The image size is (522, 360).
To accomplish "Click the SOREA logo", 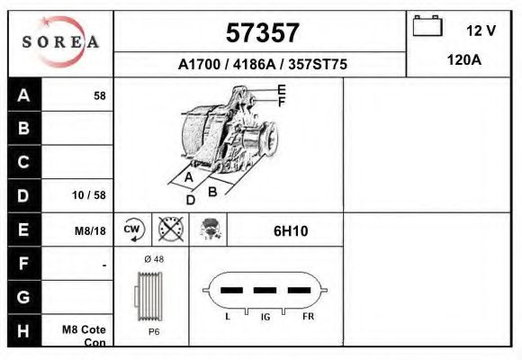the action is pos(60,41).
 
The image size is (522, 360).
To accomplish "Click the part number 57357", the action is pos(262,32).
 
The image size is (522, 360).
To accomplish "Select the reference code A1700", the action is pos(199,64).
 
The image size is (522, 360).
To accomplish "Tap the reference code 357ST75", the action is pos(318,64).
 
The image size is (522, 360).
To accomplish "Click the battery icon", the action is pos(427,26).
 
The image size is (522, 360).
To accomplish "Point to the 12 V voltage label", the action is pos(481,31).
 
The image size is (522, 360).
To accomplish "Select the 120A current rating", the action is pos(463,60).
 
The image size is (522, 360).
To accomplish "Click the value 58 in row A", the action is pos(100,96).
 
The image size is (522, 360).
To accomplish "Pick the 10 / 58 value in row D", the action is pos(89,195).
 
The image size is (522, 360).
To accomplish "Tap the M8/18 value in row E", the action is pos(90,230).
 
